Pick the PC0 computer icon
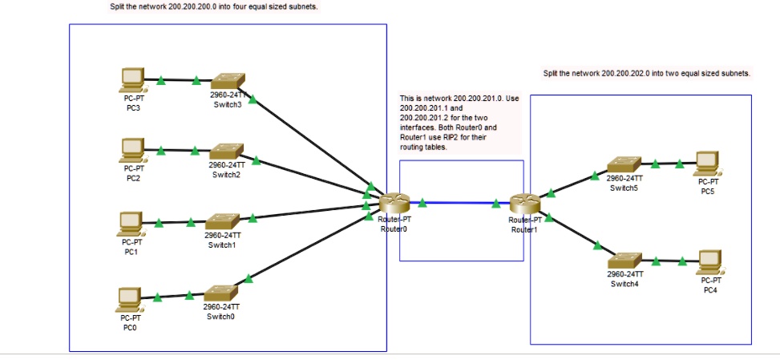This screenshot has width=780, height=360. (130, 299)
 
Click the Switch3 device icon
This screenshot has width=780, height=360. (227, 81)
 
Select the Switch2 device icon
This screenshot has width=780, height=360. (225, 151)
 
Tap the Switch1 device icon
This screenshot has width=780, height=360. (221, 220)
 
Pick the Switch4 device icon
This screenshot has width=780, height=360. (624, 261)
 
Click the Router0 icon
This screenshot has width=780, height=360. (394, 204)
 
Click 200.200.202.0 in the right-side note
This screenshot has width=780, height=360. (625, 73)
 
